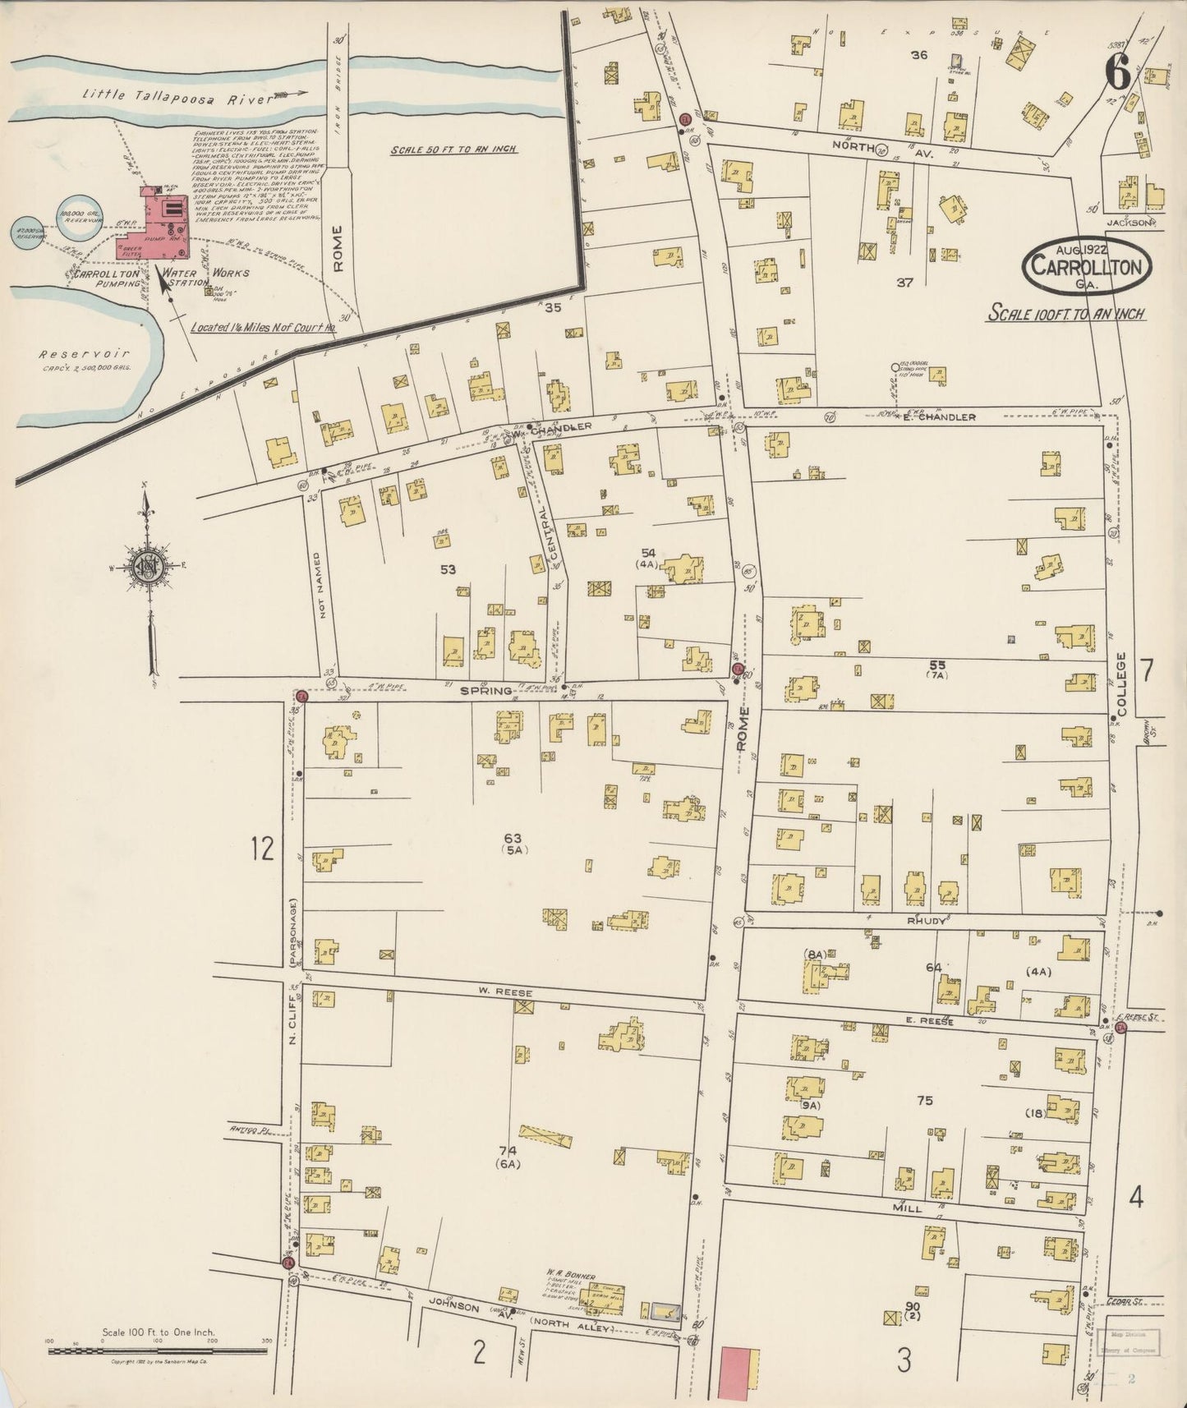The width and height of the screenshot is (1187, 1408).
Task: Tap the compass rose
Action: point(147,566)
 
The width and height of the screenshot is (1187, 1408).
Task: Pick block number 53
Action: point(448,569)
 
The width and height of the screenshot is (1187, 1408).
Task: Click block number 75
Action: point(925,1100)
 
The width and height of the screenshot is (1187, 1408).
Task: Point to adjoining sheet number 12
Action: point(261,849)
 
